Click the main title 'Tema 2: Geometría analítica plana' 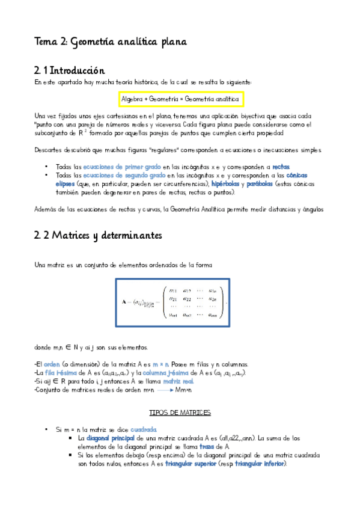(x=111, y=41)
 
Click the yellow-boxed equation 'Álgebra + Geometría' (x=180, y=99)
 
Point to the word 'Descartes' (x=47, y=150)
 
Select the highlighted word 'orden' (x=52, y=364)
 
